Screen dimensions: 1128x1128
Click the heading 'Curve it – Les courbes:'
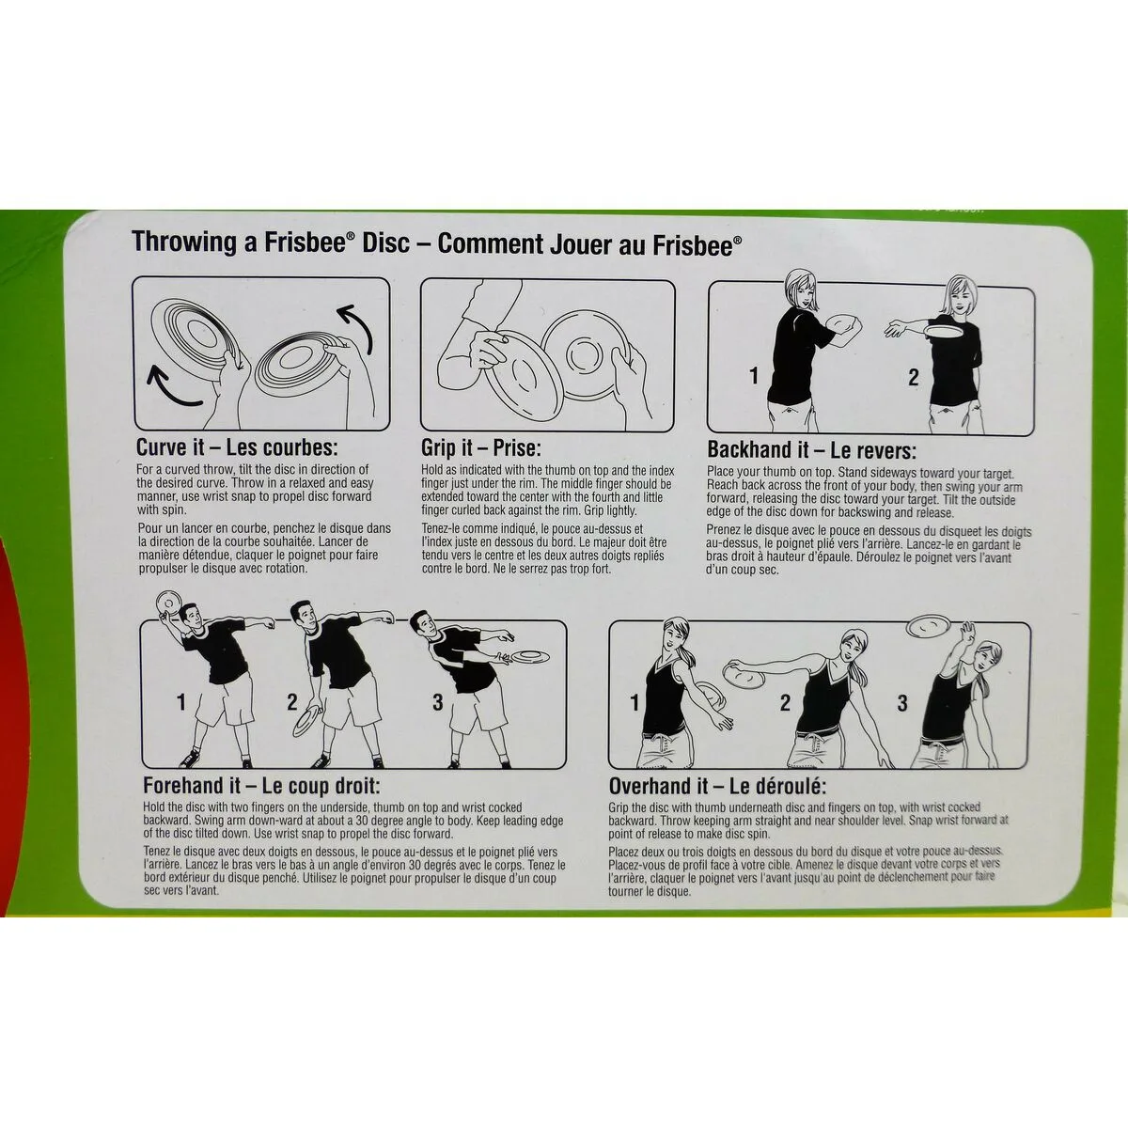(x=237, y=447)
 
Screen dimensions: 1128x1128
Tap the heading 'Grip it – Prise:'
(x=481, y=448)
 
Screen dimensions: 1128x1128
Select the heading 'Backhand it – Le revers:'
(x=811, y=449)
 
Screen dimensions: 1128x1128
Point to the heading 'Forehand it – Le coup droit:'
(x=261, y=786)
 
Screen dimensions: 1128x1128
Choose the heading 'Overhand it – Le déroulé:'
(x=717, y=786)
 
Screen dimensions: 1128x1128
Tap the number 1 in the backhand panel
(x=754, y=375)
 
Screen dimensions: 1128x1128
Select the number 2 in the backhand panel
(x=913, y=377)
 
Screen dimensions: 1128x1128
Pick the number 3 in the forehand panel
(x=438, y=702)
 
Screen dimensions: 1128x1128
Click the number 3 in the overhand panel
(x=902, y=702)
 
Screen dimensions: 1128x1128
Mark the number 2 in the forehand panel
(x=292, y=702)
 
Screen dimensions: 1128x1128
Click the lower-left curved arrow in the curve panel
(x=173, y=387)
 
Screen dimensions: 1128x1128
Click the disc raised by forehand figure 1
(x=168, y=603)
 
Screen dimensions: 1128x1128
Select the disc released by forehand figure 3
(x=529, y=655)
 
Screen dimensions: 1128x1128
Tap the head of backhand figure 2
(x=957, y=295)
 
